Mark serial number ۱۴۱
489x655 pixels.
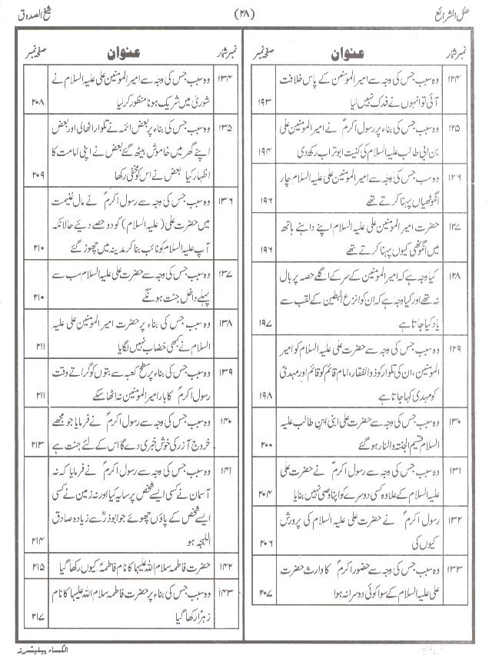[x=226, y=470]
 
